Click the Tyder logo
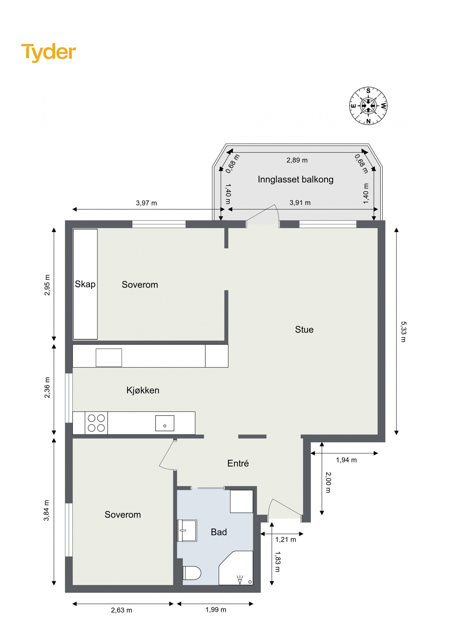48,52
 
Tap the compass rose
368,106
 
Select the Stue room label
304,329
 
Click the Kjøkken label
143,390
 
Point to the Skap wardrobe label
85,284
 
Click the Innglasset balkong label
295,179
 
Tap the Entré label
238,463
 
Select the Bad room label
219,532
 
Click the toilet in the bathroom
192,573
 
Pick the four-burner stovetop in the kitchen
96,423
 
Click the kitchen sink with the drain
165,423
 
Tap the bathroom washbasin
187,530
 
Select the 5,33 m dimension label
403,332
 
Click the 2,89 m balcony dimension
297,160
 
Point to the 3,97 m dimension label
146,203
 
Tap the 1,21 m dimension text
285,540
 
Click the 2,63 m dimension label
121,610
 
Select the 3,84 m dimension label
46,510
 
